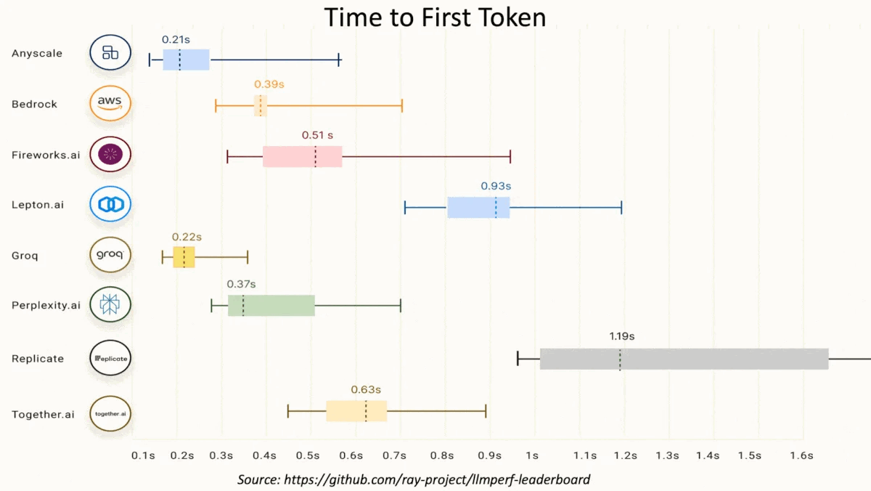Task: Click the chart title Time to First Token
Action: click(x=435, y=17)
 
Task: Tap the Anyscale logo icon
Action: click(x=110, y=52)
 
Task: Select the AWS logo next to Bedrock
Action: click(x=110, y=104)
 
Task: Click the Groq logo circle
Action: click(x=110, y=256)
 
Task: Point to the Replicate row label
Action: click(x=38, y=359)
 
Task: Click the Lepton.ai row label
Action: click(x=38, y=205)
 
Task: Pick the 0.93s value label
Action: click(x=496, y=186)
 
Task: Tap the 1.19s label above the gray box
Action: click(x=621, y=336)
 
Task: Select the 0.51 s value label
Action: click(x=317, y=135)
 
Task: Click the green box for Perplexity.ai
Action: click(x=271, y=306)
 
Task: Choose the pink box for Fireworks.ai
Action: click(x=302, y=156)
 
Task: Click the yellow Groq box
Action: click(x=184, y=257)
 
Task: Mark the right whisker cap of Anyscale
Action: click(x=339, y=60)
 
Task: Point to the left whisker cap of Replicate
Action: click(x=518, y=358)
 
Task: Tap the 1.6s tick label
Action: click(x=801, y=456)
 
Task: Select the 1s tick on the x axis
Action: click(x=532, y=456)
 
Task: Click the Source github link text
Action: click(x=414, y=479)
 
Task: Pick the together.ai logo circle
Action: click(x=110, y=414)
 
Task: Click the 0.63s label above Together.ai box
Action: click(x=366, y=390)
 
